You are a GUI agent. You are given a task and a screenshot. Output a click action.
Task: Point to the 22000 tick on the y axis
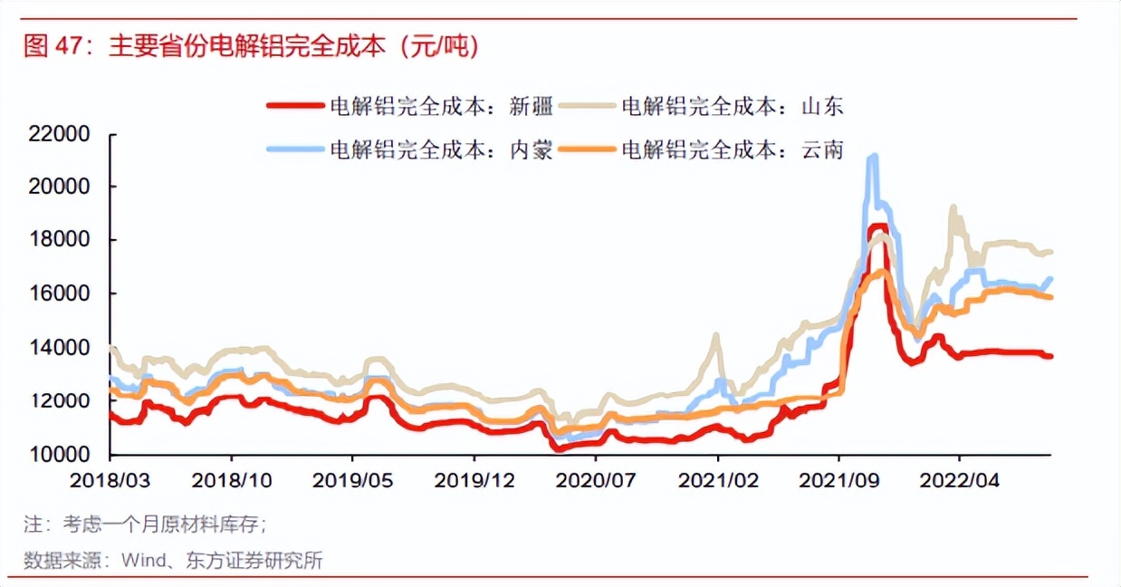coord(59,134)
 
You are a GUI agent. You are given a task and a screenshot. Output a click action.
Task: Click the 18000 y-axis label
coord(59,240)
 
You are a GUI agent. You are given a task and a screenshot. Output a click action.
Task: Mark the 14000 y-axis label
coord(59,347)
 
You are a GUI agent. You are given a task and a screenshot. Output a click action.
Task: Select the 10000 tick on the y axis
coord(59,454)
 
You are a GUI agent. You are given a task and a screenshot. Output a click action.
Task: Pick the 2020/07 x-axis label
coord(595,480)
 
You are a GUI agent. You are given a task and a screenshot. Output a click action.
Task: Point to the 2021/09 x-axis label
coord(838,480)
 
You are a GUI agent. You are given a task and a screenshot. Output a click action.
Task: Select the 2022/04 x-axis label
coord(959,480)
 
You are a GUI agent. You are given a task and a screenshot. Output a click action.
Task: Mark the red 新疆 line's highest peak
coord(877,227)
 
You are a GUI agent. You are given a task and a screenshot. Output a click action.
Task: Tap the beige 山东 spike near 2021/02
coord(715,336)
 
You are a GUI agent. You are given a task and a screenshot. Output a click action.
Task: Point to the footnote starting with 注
coord(145,524)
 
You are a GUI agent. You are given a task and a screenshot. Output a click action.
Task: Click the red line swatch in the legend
coord(294,106)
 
